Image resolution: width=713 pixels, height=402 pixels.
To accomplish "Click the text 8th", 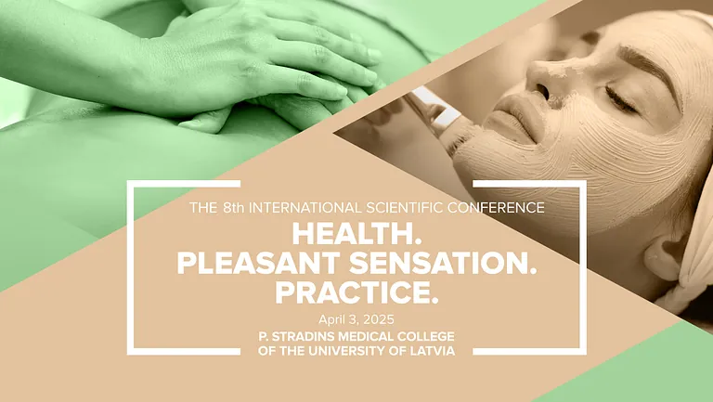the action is click(x=234, y=208).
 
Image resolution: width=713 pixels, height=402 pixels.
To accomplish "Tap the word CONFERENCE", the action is click(x=496, y=208).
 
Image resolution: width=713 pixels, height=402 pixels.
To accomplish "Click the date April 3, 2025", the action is click(x=356, y=319).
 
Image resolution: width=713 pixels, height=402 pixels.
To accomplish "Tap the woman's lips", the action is click(x=516, y=119).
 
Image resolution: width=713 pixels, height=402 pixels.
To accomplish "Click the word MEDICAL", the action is click(x=366, y=336).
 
